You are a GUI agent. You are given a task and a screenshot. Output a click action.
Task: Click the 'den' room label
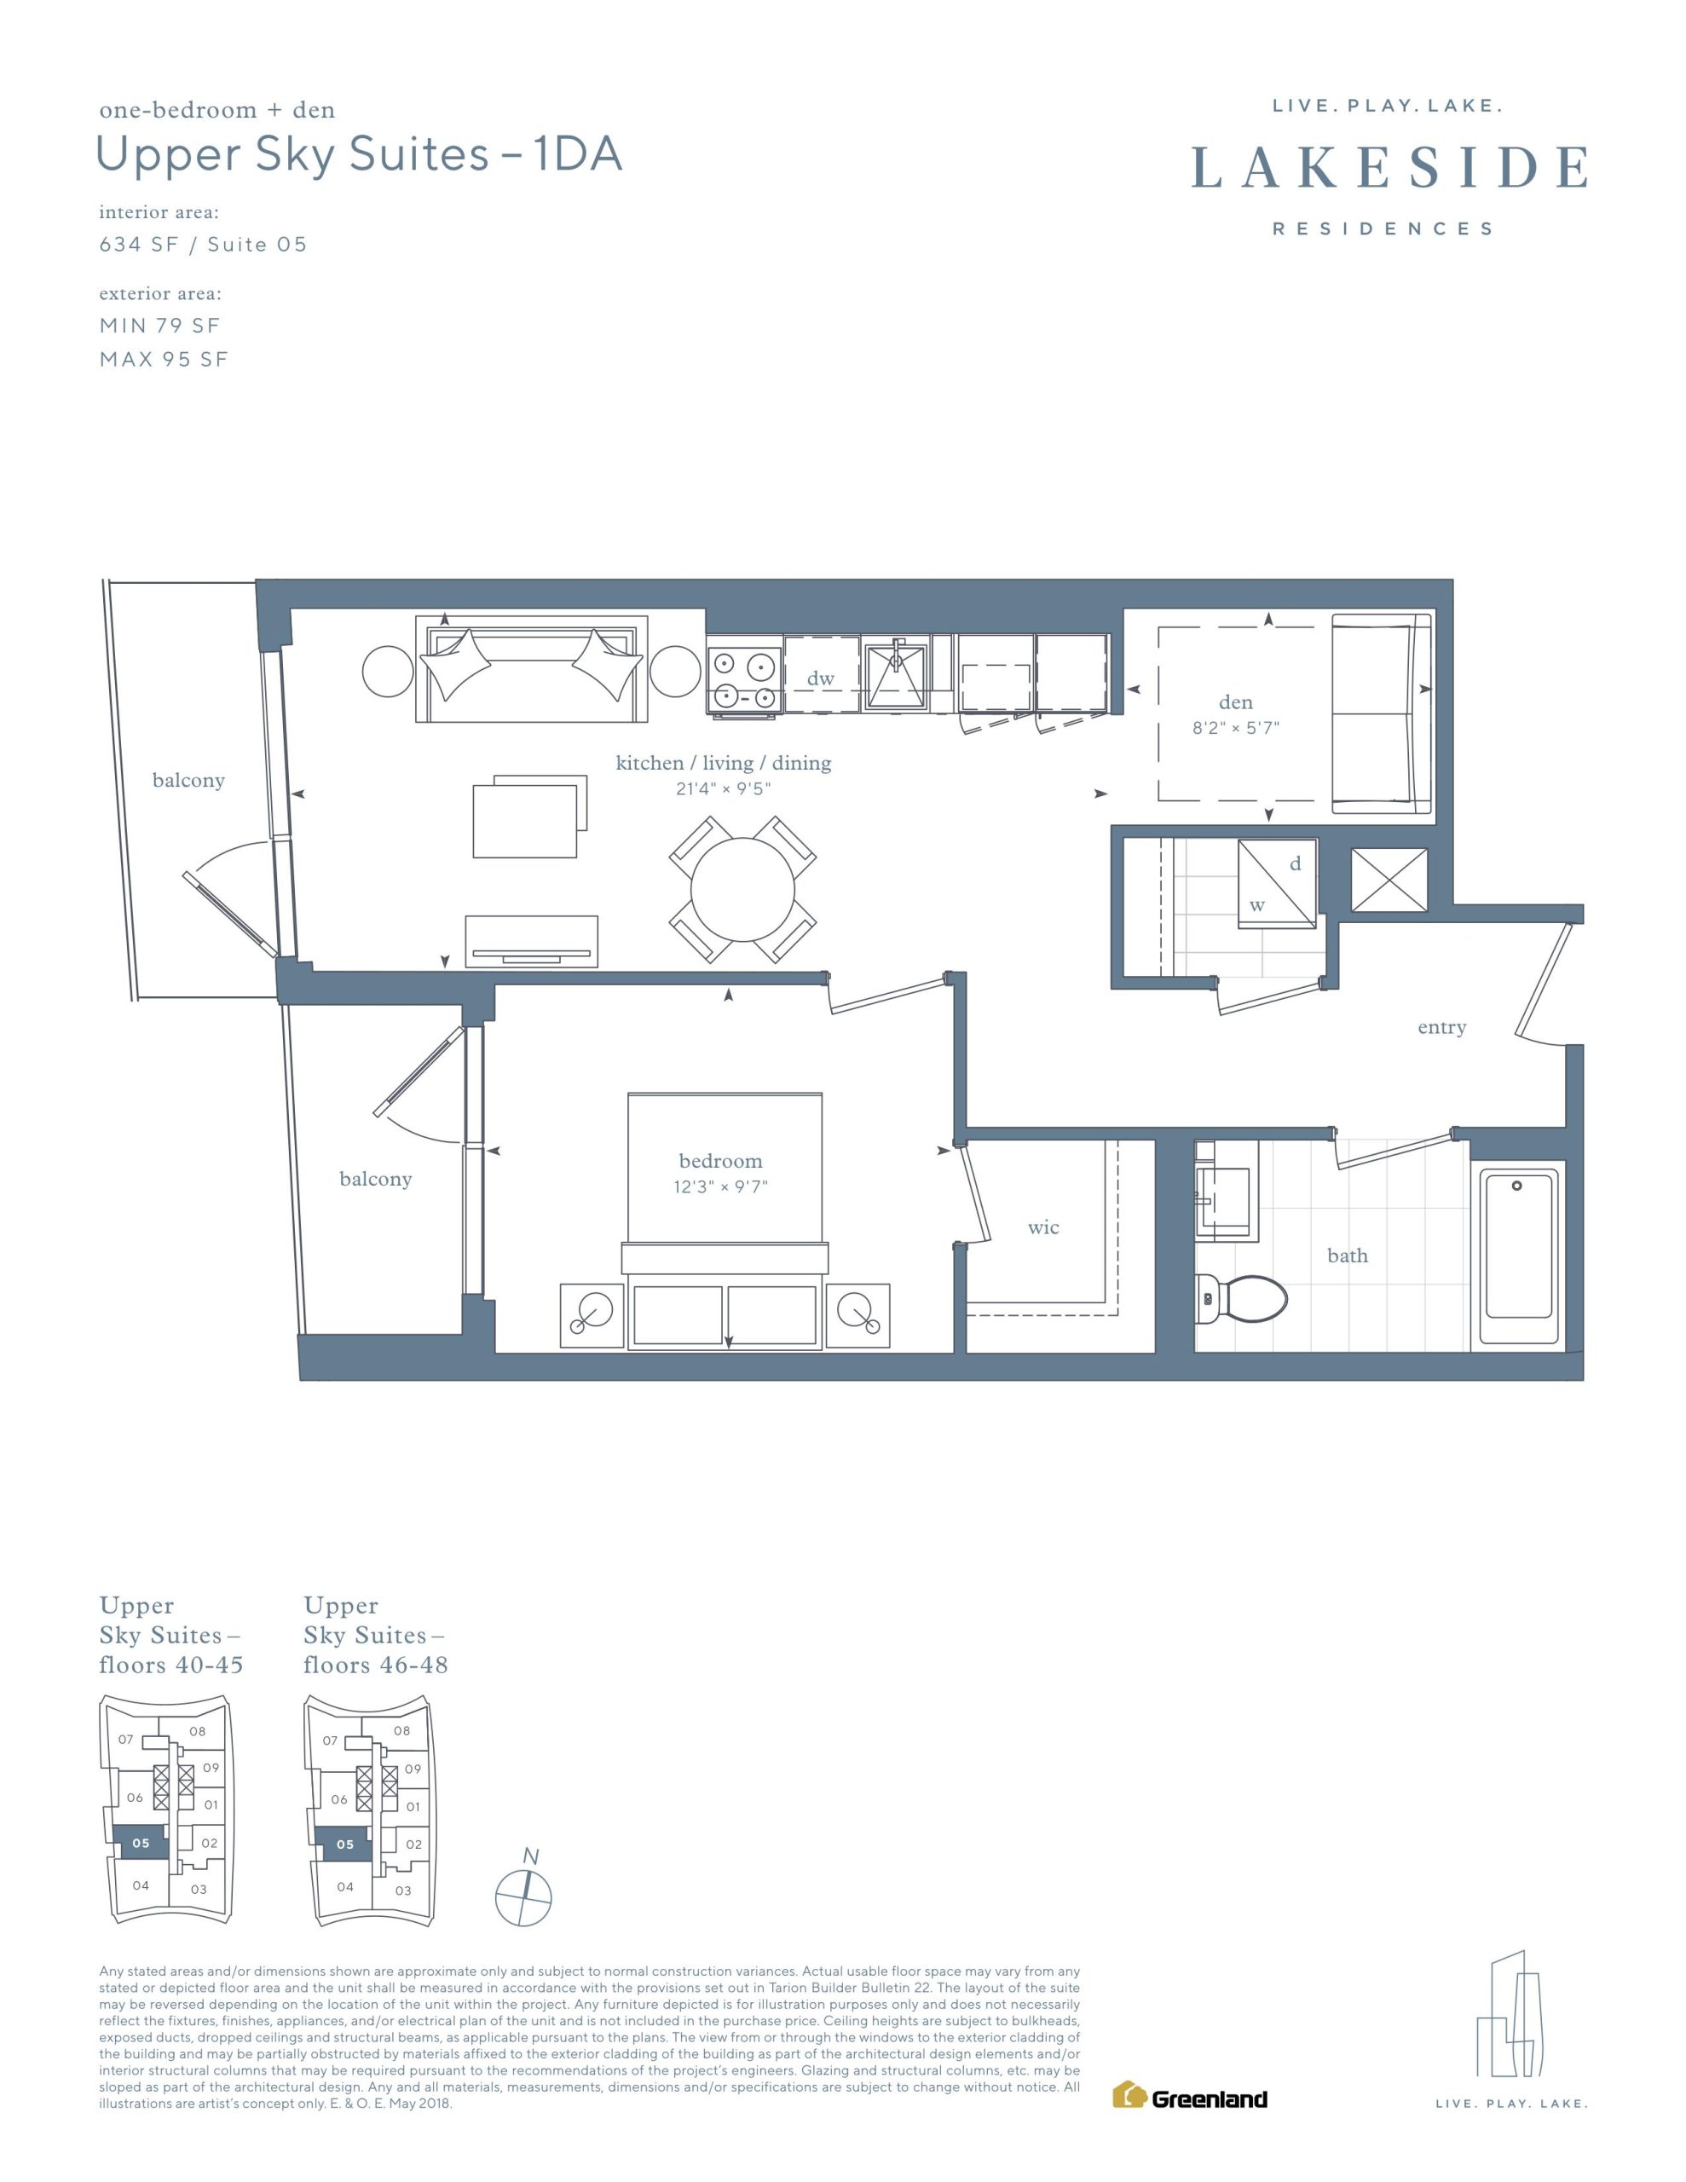coord(1235,702)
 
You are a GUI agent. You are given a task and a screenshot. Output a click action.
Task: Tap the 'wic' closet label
coord(1043,1228)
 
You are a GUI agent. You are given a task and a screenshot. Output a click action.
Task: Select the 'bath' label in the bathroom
coord(1348,1256)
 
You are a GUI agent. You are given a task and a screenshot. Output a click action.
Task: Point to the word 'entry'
coord(1441,1028)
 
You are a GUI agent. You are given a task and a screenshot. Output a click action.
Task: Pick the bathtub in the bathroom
coord(1518,1257)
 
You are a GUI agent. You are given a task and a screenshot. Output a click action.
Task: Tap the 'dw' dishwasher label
coord(821,678)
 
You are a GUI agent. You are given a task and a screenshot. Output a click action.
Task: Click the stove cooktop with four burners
coord(743,679)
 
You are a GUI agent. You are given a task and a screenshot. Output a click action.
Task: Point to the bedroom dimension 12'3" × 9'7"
coord(720,1187)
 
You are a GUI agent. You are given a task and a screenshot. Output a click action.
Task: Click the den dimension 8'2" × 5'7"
coord(1235,729)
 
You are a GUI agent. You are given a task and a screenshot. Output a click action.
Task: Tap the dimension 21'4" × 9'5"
coord(724,789)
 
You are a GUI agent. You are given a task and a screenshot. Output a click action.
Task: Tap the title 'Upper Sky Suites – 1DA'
coord(359,155)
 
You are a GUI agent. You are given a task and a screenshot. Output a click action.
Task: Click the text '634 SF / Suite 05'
coord(203,245)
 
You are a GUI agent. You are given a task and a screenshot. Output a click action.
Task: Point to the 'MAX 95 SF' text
coord(164,360)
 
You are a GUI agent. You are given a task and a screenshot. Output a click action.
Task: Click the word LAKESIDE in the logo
coord(1390,168)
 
